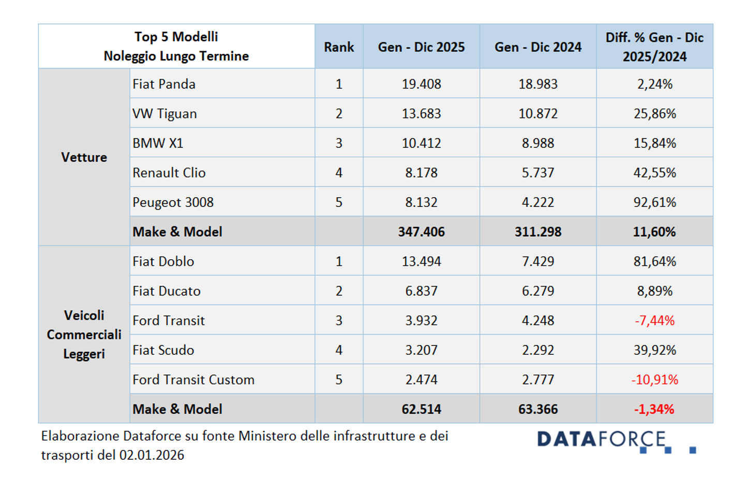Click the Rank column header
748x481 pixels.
click(x=339, y=47)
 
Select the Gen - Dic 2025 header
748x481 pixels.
click(x=421, y=47)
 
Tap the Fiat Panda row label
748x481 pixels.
click(x=164, y=84)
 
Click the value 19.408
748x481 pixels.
click(x=421, y=84)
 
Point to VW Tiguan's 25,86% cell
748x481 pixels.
click(x=654, y=113)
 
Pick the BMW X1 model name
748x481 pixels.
click(x=158, y=143)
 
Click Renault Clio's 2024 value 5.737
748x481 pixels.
click(x=537, y=173)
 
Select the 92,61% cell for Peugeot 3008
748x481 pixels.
click(x=654, y=202)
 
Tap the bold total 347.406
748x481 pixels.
click(x=421, y=232)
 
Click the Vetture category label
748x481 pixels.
click(x=84, y=157)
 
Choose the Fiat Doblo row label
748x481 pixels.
click(x=163, y=262)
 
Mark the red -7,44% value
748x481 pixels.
click(x=654, y=321)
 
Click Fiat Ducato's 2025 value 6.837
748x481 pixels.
click(x=421, y=291)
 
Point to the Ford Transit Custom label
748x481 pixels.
click(x=193, y=380)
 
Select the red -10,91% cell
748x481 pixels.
click(x=654, y=380)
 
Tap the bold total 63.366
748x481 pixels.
click(x=537, y=409)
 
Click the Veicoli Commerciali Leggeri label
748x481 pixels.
click(x=84, y=335)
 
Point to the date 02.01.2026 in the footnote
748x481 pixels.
click(x=152, y=455)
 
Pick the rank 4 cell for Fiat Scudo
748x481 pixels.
click(x=339, y=350)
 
